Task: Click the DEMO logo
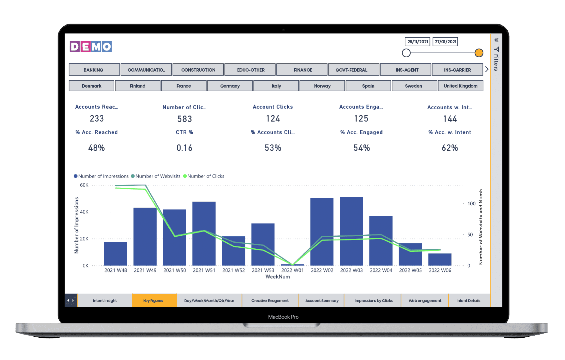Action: point(91,47)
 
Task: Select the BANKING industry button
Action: point(94,70)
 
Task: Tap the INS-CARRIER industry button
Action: point(457,70)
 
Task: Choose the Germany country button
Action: point(230,86)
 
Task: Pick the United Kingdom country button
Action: point(460,86)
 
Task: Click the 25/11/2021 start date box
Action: point(418,42)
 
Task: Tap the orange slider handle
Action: point(479,53)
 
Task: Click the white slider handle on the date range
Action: point(406,53)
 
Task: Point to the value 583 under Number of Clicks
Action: point(185,119)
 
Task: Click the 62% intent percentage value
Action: point(450,148)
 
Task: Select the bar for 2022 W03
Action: point(351,231)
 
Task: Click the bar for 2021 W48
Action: point(115,253)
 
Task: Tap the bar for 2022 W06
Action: point(440,259)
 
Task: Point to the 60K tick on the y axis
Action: point(84,185)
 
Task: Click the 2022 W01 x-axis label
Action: point(292,270)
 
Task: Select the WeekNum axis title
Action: point(278,277)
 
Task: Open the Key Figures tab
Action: point(153,301)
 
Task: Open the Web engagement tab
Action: point(425,301)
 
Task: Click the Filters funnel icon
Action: point(496,50)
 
